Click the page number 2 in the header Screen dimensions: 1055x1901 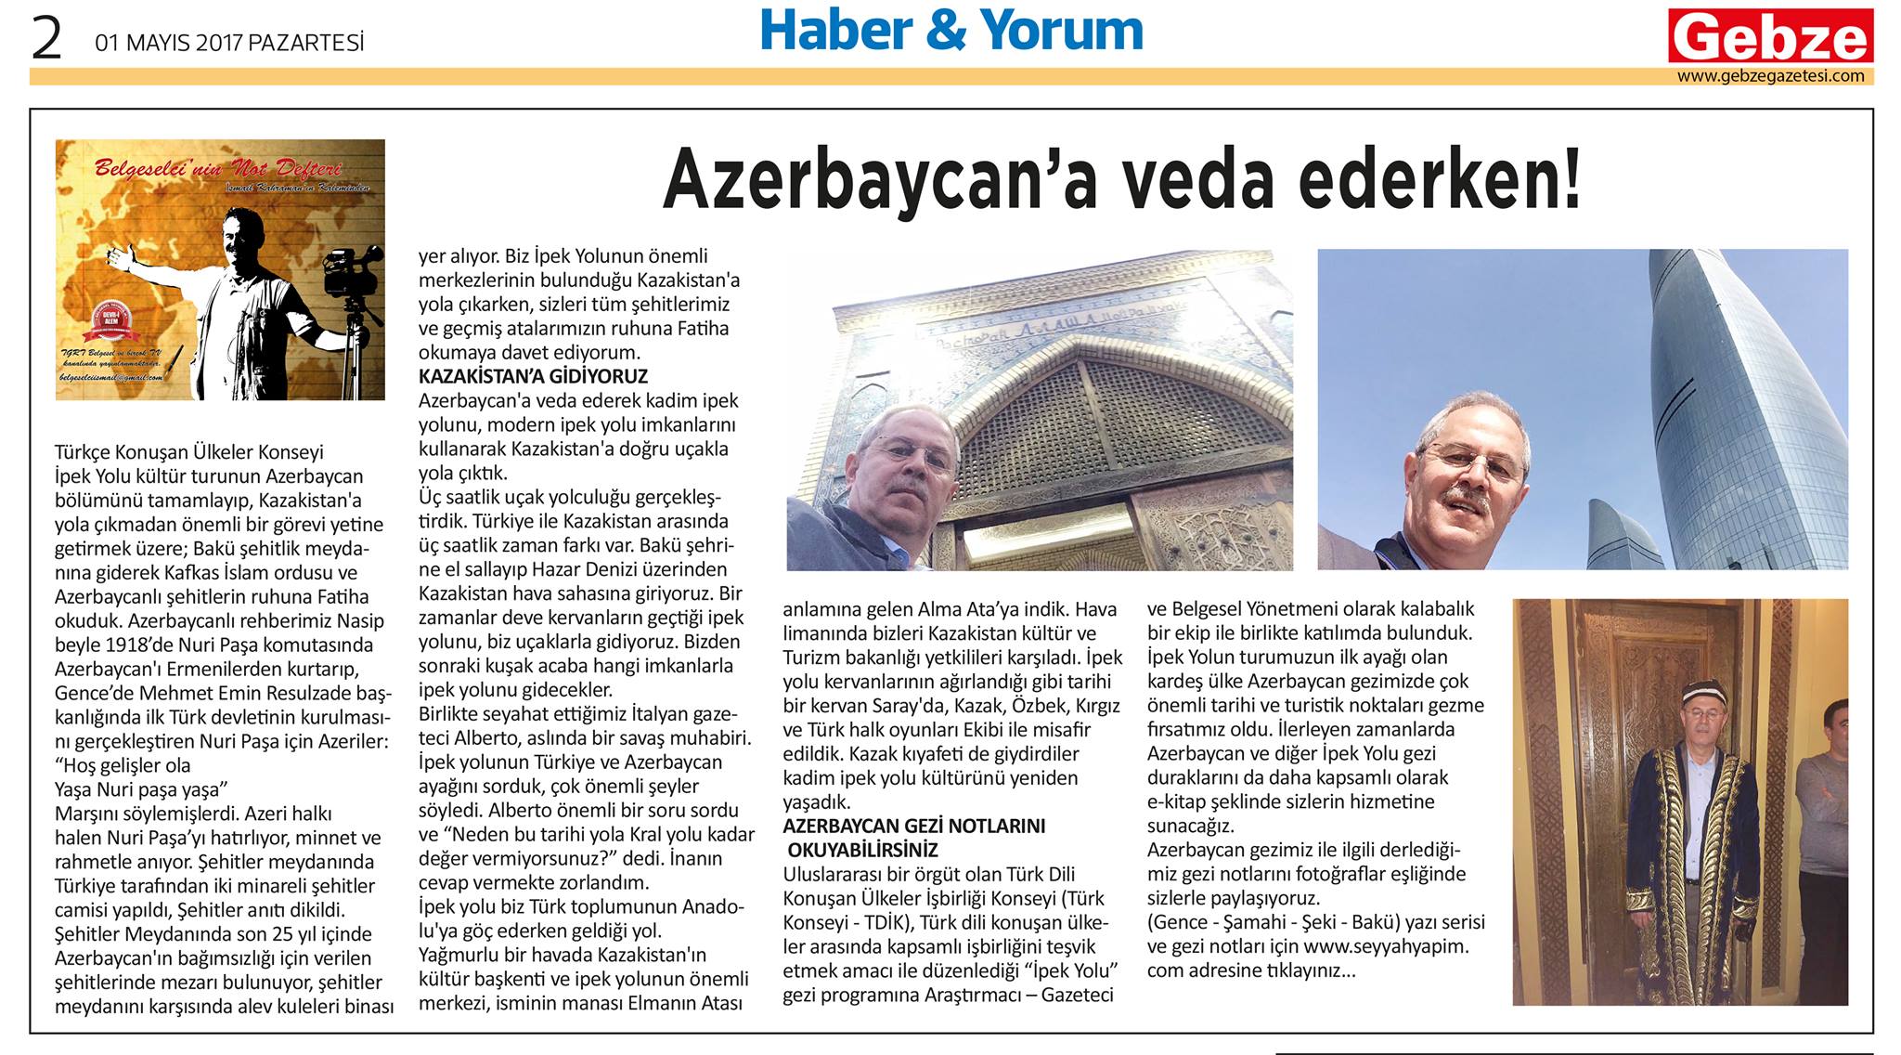(46, 40)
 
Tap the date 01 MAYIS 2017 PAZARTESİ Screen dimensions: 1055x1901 (229, 43)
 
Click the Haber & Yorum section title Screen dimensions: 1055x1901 (951, 30)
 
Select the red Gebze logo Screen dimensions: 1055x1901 (1770, 37)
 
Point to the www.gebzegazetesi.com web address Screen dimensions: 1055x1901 (1770, 76)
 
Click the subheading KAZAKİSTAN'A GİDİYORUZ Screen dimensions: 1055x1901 (533, 377)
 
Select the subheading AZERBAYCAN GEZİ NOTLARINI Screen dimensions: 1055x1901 (913, 827)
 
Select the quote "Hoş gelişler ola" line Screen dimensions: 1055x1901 (123, 766)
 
